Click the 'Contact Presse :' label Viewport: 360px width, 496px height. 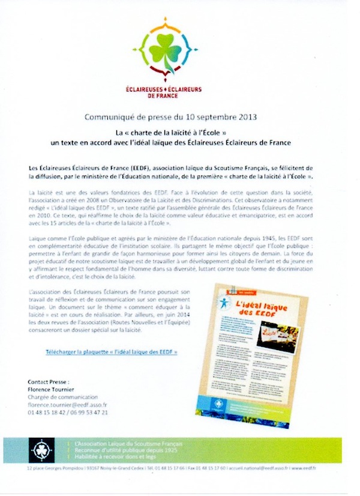49,381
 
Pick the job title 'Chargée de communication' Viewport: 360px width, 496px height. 61,397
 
